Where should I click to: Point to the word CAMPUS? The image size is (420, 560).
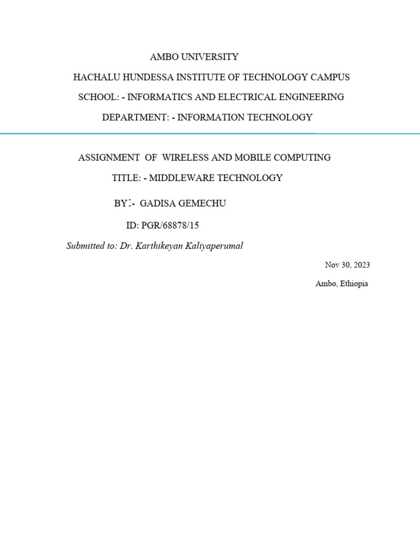click(x=330, y=77)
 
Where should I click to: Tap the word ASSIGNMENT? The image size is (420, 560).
click(x=109, y=157)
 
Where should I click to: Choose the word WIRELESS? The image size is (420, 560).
click(x=186, y=157)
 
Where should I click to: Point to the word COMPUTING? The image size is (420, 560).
click(x=302, y=157)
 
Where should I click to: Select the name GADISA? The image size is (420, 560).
click(x=156, y=203)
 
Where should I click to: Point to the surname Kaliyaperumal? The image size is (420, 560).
click(x=216, y=246)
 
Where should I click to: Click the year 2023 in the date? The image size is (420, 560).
click(x=361, y=265)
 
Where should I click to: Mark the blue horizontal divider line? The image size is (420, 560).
click(x=210, y=133)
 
